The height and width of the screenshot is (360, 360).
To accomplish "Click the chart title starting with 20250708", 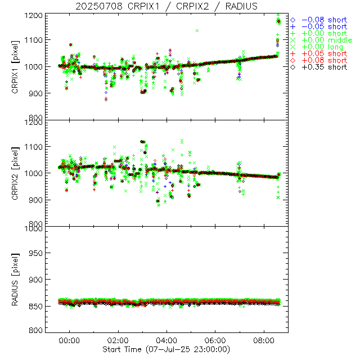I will tap(166, 6).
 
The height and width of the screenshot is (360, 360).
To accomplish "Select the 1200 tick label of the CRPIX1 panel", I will tap(32, 15).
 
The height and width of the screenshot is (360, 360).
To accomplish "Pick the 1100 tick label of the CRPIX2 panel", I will tap(32, 147).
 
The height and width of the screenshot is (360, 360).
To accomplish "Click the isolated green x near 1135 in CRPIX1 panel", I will tap(197, 30).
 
